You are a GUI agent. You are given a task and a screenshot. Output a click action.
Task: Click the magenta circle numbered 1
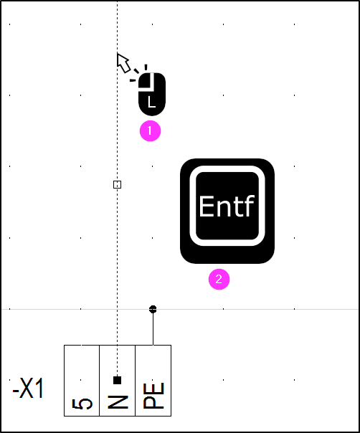(x=150, y=131)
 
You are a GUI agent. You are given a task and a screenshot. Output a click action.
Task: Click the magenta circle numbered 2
(x=219, y=280)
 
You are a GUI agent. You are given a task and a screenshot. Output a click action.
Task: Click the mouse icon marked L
(x=152, y=94)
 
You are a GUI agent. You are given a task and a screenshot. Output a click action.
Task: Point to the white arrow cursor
(x=123, y=62)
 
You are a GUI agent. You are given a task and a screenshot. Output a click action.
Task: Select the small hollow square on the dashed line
(x=117, y=184)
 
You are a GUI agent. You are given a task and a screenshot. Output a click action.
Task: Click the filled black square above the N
(x=117, y=380)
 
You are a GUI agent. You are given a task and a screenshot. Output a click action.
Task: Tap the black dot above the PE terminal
(x=153, y=309)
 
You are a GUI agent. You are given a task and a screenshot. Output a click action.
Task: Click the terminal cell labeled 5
(x=82, y=380)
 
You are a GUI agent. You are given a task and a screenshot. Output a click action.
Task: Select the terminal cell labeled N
(x=117, y=380)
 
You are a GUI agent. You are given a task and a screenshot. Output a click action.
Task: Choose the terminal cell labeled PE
(x=153, y=380)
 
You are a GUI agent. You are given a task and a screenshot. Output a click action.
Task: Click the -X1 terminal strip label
(x=28, y=389)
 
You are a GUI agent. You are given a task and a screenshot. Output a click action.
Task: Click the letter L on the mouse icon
(x=151, y=102)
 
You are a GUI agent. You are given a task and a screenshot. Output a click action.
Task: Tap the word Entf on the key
(x=227, y=206)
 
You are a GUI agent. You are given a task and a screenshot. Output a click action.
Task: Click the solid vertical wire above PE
(x=153, y=327)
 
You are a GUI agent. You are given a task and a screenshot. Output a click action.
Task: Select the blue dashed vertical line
(x=117, y=189)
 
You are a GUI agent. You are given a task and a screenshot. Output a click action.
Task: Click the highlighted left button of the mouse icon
(x=146, y=80)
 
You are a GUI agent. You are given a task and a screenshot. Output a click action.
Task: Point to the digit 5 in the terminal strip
(x=82, y=404)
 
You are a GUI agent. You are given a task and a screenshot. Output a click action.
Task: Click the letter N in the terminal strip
(x=118, y=401)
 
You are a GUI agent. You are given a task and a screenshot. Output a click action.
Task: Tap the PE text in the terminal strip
(x=153, y=396)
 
